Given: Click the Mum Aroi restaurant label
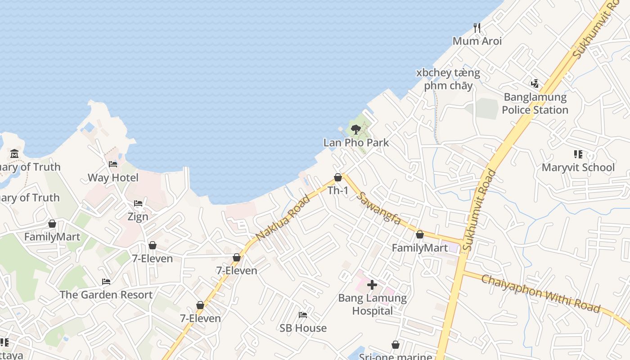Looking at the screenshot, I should click(477, 41).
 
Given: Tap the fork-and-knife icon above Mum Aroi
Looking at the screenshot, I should click(477, 28).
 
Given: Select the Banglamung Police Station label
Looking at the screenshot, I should click(535, 103).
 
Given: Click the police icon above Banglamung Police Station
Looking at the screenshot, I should click(535, 83).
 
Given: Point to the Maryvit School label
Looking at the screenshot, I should click(578, 167).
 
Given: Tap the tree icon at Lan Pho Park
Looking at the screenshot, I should click(355, 130).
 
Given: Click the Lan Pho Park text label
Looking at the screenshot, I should click(356, 143).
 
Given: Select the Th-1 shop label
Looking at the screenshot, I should click(338, 190).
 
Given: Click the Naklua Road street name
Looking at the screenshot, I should click(283, 218).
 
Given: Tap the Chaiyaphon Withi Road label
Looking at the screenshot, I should click(540, 293).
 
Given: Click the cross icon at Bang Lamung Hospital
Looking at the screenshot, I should click(372, 285).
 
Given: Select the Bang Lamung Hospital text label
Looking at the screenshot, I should click(372, 304).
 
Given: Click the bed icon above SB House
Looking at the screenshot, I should click(303, 315).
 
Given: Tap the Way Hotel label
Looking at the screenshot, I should click(113, 177).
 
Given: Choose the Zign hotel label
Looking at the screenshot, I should click(138, 216).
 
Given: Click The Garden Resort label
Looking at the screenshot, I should click(106, 295).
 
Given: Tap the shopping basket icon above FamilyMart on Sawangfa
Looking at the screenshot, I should click(420, 234).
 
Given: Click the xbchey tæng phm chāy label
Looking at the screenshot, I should click(448, 79).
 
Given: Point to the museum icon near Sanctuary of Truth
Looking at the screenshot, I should click(14, 153).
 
